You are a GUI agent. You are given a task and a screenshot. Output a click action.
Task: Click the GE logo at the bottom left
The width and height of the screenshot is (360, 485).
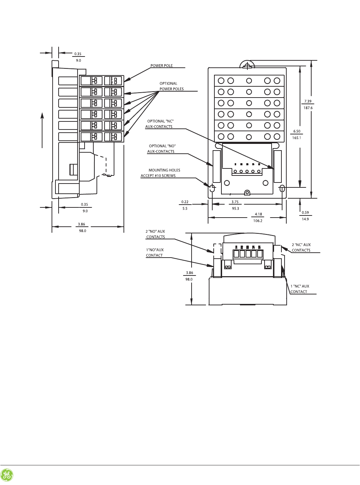(7, 475)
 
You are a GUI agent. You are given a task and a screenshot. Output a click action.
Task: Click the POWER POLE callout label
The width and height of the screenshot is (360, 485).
(161, 66)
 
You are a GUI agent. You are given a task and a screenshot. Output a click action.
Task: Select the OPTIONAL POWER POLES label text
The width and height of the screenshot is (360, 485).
(171, 86)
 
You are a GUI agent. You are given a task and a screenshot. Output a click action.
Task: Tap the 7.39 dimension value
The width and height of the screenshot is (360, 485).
(308, 101)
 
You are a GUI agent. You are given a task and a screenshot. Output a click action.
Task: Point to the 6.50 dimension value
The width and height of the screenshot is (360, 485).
(297, 131)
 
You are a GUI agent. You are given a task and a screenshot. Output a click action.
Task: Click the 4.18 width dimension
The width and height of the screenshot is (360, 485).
(258, 214)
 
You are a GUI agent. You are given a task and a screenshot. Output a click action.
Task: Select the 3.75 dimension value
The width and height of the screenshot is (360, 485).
(235, 202)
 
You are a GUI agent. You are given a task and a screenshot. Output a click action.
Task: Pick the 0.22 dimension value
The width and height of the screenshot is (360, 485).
(185, 202)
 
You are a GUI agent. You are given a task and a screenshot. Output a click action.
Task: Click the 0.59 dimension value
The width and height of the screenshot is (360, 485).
(305, 212)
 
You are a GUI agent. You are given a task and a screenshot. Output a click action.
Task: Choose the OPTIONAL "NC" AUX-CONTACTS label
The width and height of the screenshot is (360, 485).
(159, 124)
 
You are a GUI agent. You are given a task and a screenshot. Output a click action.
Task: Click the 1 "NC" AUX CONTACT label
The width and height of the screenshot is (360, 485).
(299, 289)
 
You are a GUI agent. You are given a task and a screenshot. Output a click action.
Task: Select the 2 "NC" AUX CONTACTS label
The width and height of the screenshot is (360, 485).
(301, 247)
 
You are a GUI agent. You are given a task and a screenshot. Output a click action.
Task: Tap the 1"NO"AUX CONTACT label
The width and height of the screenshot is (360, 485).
(155, 253)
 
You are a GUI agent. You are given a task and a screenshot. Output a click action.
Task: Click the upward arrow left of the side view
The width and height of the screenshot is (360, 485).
(42, 130)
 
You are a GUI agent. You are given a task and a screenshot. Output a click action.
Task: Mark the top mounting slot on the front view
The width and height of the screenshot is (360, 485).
(247, 65)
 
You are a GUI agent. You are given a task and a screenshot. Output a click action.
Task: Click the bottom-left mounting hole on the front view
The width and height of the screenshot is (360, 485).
(212, 188)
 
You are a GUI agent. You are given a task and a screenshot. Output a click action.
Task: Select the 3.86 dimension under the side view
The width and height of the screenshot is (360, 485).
(81, 224)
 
